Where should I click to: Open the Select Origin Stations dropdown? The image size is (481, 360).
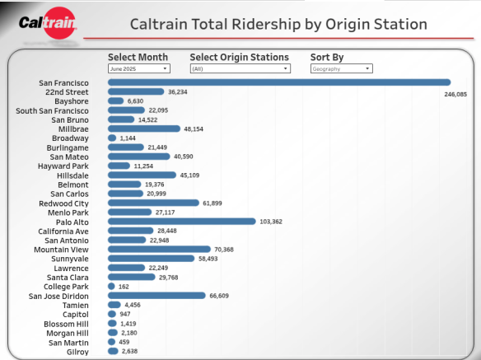pyautogui.click(x=240, y=69)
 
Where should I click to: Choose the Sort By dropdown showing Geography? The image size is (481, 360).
pyautogui.click(x=340, y=69)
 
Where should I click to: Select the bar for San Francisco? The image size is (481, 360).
pyautogui.click(x=278, y=82)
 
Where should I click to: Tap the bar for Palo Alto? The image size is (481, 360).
pyautogui.click(x=181, y=222)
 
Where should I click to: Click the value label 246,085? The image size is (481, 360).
pyautogui.click(x=455, y=95)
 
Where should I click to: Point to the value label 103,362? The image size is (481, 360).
pyautogui.click(x=272, y=222)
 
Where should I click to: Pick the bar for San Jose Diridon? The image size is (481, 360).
pyautogui.click(x=156, y=296)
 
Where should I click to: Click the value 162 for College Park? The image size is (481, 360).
pyautogui.click(x=124, y=287)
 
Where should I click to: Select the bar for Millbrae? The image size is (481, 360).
pyautogui.click(x=143, y=129)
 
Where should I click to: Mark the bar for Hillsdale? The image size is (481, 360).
pyautogui.click(x=142, y=175)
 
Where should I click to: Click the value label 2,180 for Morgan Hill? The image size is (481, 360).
pyautogui.click(x=128, y=333)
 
